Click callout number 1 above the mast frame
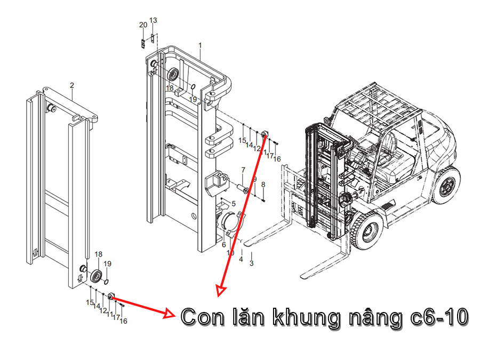pos(200,45)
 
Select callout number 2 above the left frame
pos(72,85)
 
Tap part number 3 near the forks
pos(252,263)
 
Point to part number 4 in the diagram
pos(241,259)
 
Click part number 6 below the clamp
pos(224,245)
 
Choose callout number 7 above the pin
pos(243,171)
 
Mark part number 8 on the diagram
pos(263,185)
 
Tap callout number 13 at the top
pos(153,20)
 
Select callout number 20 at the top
pos(143,25)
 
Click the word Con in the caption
pos(203,317)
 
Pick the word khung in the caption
pos(307,318)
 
